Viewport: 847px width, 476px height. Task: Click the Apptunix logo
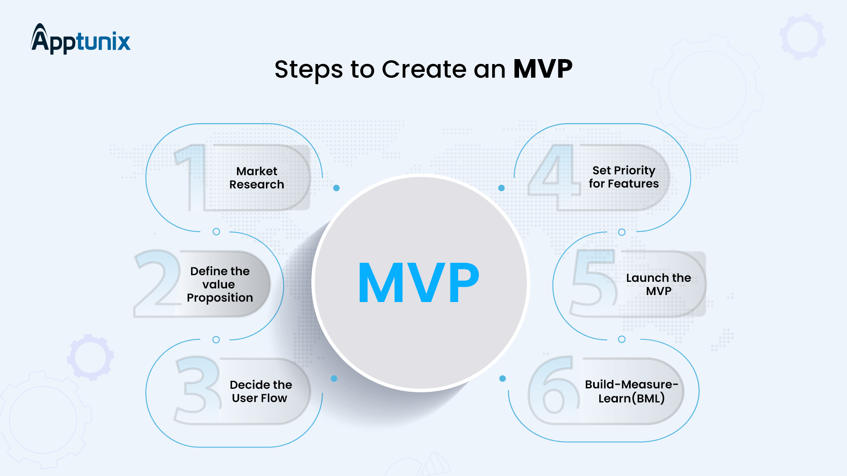click(81, 40)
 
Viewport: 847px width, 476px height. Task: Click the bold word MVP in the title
click(543, 69)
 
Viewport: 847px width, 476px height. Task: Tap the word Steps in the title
click(308, 69)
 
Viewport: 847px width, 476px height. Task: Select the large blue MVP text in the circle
click(419, 283)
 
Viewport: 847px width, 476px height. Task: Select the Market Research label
click(257, 178)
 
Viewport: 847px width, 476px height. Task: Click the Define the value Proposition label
click(220, 284)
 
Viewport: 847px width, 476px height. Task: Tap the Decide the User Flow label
click(261, 391)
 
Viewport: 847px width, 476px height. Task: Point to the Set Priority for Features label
click(624, 177)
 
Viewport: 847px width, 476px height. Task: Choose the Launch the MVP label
click(658, 284)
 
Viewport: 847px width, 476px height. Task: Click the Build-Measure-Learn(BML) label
click(631, 391)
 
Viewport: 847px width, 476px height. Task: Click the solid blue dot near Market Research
click(336, 188)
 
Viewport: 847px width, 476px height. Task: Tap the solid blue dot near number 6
click(502, 378)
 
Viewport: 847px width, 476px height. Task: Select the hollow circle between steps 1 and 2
click(216, 232)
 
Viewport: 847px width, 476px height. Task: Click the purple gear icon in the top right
click(802, 37)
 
